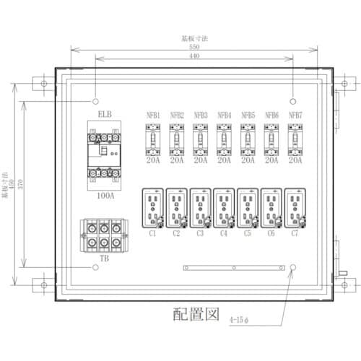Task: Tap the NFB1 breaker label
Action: pos(153,115)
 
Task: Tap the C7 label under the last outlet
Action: pos(295,234)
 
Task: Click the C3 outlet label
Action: pos(200,234)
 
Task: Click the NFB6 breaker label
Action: pos(271,115)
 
